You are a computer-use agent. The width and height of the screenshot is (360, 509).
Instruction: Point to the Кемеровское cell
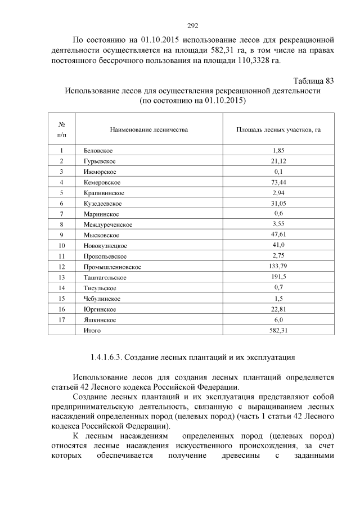102,182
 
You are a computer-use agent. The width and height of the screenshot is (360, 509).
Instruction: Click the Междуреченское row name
107,224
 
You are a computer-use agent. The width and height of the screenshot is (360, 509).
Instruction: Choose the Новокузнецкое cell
105,246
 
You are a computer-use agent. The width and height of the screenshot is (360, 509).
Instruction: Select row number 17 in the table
61,319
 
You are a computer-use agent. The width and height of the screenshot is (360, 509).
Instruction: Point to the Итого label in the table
92,330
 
